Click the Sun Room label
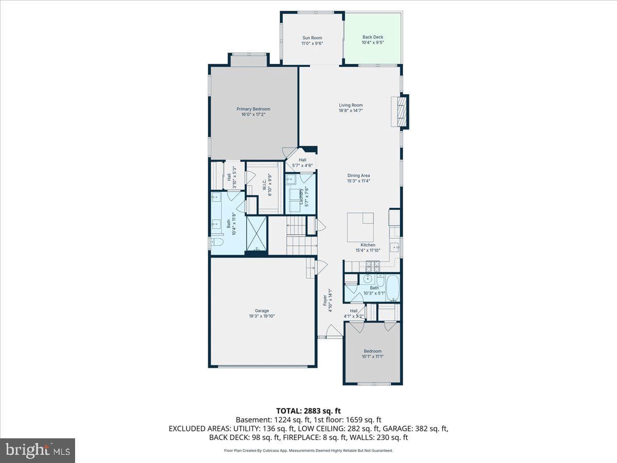(x=312, y=38)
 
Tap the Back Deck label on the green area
(x=373, y=37)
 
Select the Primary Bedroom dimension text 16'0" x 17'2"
(x=253, y=114)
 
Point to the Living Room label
(x=351, y=105)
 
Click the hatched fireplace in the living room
(x=404, y=112)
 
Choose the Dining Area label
(x=358, y=175)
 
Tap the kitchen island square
(x=360, y=227)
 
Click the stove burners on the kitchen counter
(x=372, y=264)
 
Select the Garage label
(x=262, y=311)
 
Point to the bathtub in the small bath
(x=393, y=288)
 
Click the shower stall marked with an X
(x=257, y=233)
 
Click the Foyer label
(x=325, y=300)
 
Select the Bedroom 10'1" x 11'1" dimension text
(x=372, y=357)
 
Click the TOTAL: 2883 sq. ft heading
(x=308, y=411)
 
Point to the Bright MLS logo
(x=38, y=450)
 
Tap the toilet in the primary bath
(x=217, y=241)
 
